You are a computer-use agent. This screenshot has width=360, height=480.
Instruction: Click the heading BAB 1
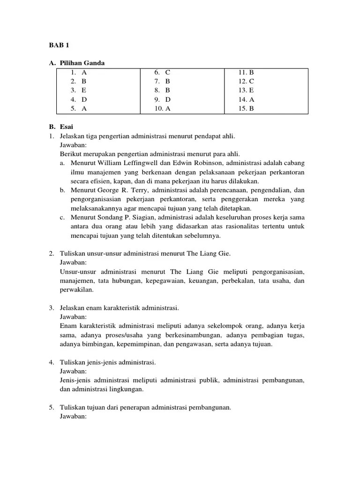(59, 45)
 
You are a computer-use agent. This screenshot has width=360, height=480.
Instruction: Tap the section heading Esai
(67, 127)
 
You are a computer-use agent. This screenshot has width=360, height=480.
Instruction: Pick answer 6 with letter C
(162, 72)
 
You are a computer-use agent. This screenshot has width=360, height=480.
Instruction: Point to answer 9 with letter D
(162, 99)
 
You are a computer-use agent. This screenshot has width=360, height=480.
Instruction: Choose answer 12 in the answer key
(246, 81)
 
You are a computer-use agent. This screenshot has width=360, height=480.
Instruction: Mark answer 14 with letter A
(246, 99)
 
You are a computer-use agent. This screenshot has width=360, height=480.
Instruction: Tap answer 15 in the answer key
(246, 108)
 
